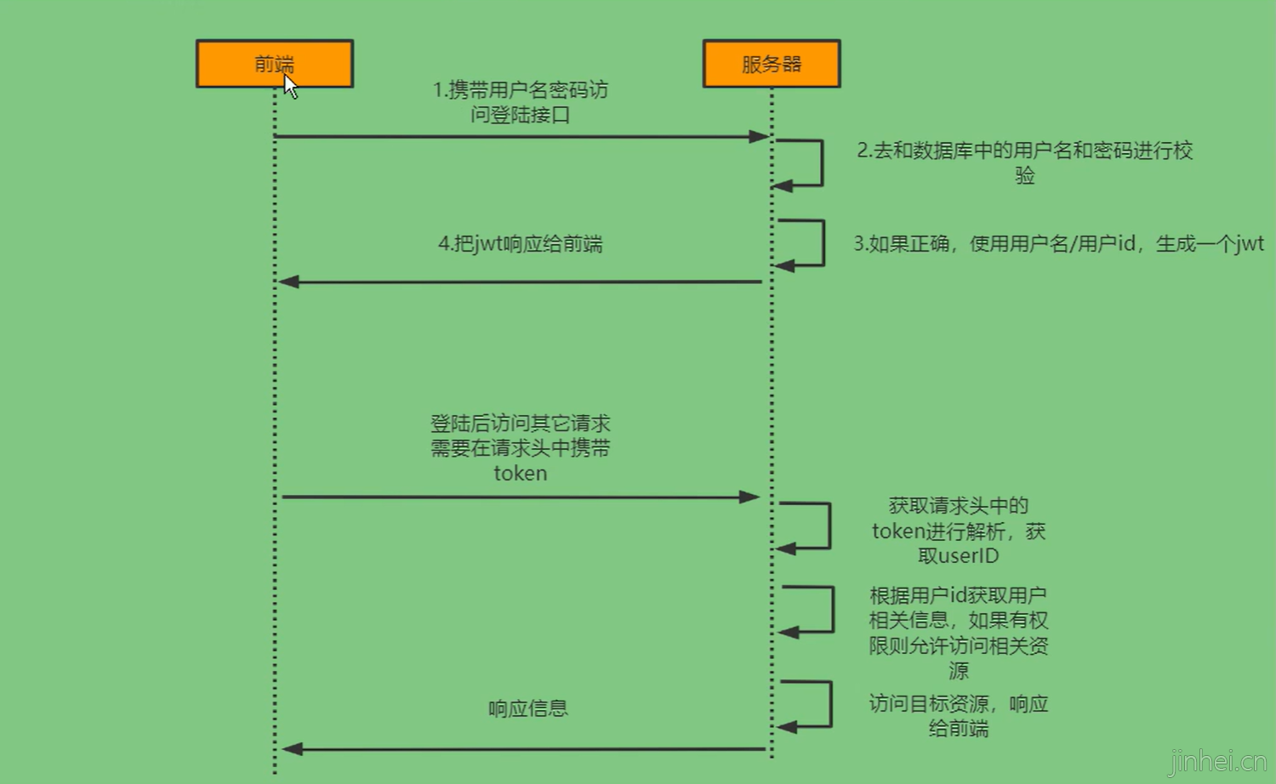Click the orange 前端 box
tap(274, 63)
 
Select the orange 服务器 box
tap(771, 63)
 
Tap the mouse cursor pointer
tap(290, 86)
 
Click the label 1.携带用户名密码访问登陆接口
tap(520, 102)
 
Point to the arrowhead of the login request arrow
tap(759, 136)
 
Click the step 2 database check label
tap(1024, 162)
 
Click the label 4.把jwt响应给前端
tap(520, 244)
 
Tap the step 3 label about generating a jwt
tap(1058, 244)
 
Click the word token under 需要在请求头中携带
tap(520, 474)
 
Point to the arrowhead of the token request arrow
tap(749, 497)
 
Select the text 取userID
tap(958, 556)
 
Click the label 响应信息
tap(527, 708)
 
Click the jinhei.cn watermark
tap(1217, 760)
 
